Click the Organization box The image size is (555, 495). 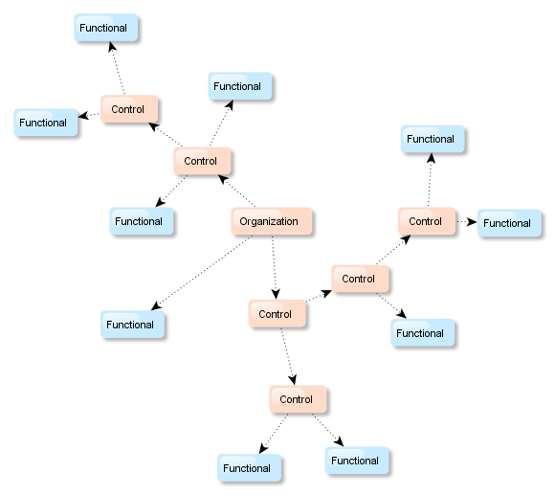(272, 221)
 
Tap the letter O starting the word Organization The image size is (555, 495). (243, 222)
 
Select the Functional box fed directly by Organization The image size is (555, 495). (132, 325)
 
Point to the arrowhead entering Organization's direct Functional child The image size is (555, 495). (156, 305)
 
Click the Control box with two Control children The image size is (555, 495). (277, 314)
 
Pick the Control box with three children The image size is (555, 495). (202, 161)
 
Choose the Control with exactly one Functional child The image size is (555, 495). (360, 279)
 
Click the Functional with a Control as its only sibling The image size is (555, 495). (423, 333)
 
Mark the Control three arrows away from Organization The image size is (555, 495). (427, 221)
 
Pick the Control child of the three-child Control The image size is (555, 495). (129, 109)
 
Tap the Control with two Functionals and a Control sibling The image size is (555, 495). (298, 399)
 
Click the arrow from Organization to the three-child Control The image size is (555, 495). (236, 191)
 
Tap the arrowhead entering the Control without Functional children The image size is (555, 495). (276, 294)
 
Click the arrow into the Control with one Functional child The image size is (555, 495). (319, 296)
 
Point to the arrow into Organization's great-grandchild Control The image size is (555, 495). (394, 250)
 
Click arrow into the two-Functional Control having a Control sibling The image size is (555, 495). (288, 356)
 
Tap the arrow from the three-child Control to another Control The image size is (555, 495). (166, 135)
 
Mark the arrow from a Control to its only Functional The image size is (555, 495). (391, 305)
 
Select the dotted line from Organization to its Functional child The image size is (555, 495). (201, 273)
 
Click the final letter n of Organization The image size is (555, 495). (295, 222)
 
